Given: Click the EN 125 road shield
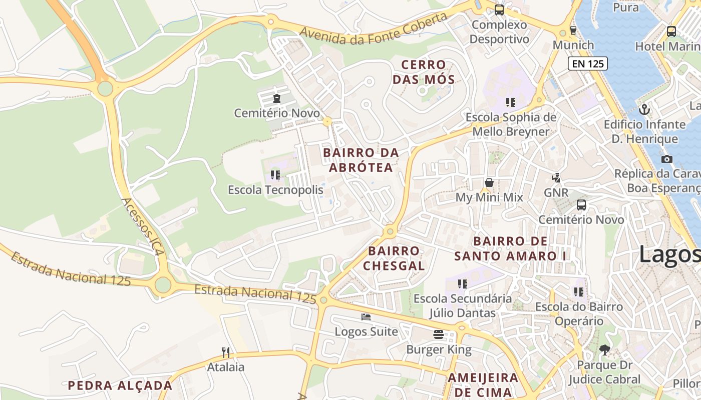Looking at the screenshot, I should pyautogui.click(x=587, y=63).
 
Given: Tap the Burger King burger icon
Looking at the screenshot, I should pyautogui.click(x=439, y=334).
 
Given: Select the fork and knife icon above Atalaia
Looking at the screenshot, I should pyautogui.click(x=226, y=352).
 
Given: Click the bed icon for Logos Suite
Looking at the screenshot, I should pyautogui.click(x=366, y=317).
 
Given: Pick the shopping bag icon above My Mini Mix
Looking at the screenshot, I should pyautogui.click(x=489, y=182).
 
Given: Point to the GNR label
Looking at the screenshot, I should pyautogui.click(x=556, y=192).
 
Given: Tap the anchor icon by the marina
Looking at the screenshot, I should pyautogui.click(x=644, y=109).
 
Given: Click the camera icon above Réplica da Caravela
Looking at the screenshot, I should pyautogui.click(x=666, y=159).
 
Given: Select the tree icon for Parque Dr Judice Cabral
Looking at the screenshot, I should pyautogui.click(x=604, y=350).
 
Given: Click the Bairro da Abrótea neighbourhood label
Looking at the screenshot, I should pyautogui.click(x=361, y=160).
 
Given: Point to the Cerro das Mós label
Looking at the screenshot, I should pyautogui.click(x=424, y=72).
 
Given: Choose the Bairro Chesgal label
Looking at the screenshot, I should pyautogui.click(x=394, y=258).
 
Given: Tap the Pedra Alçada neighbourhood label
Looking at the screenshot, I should pyautogui.click(x=120, y=385).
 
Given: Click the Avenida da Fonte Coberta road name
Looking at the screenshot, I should pyautogui.click(x=373, y=29).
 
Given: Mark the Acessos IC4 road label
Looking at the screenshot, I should pyautogui.click(x=142, y=226).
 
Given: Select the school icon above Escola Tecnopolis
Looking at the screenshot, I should pyautogui.click(x=275, y=175).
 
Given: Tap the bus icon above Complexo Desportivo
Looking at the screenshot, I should pyautogui.click(x=499, y=9).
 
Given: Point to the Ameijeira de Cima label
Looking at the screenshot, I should pyautogui.click(x=483, y=384).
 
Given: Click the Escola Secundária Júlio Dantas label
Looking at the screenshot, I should pyautogui.click(x=463, y=306).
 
